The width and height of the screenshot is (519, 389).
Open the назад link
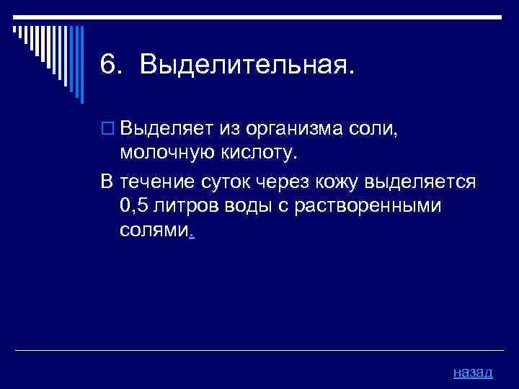click(x=473, y=372)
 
